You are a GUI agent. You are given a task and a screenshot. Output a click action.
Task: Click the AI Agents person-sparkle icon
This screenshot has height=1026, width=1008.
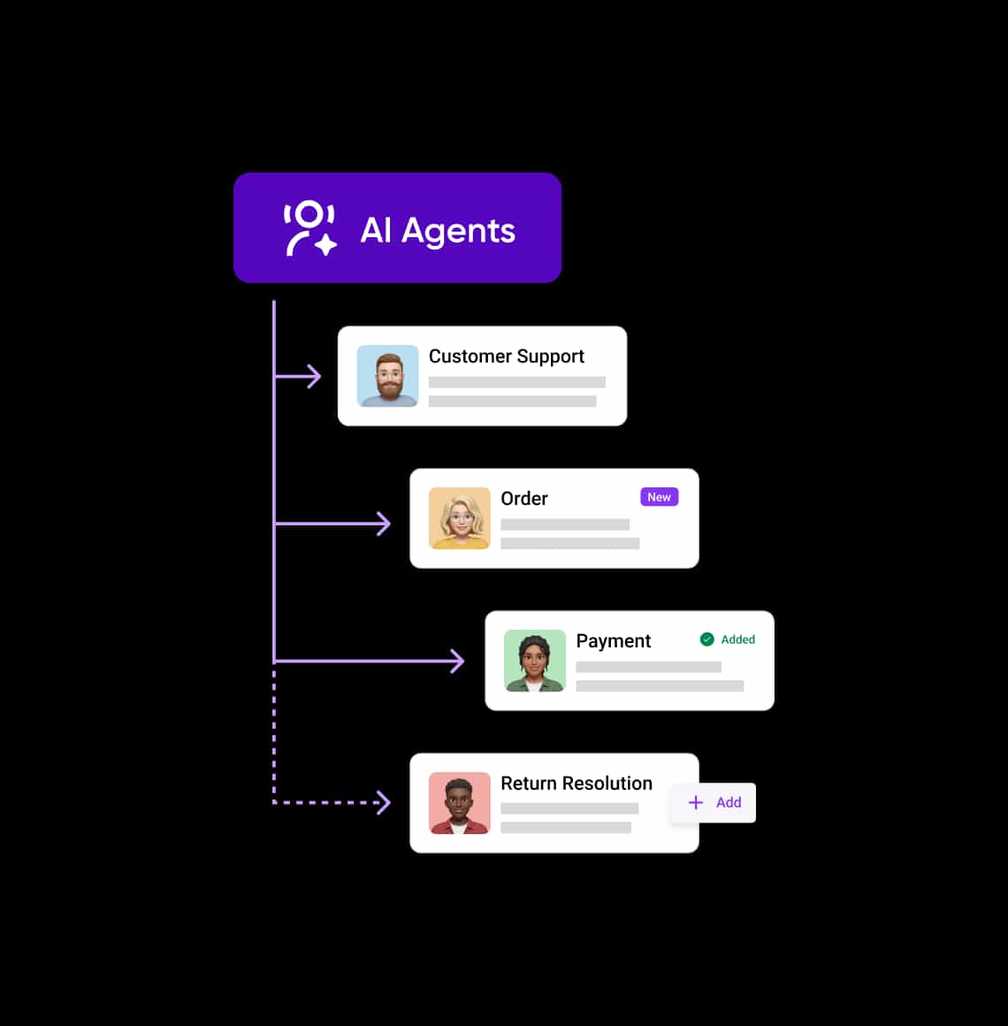tap(310, 228)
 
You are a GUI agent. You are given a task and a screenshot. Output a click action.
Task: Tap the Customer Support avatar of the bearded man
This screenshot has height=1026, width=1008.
tap(387, 376)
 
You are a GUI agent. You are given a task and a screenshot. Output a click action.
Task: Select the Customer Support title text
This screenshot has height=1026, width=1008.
tap(507, 356)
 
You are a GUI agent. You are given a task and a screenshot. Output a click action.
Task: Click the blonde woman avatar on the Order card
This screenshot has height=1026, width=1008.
tap(459, 518)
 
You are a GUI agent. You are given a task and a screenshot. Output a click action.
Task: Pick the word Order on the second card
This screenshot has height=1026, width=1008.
tap(524, 499)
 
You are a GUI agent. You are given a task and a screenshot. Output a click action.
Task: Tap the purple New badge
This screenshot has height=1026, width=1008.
tap(660, 497)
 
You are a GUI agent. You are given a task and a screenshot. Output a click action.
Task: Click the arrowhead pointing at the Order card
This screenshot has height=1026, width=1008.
tap(385, 524)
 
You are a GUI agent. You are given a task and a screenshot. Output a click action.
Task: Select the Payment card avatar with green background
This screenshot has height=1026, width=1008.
tap(534, 661)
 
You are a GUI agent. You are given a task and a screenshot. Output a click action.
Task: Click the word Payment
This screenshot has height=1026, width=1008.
tap(613, 641)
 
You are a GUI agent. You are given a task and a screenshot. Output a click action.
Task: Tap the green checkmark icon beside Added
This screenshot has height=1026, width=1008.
tap(707, 639)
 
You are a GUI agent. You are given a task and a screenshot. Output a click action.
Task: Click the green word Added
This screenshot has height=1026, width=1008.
tap(737, 639)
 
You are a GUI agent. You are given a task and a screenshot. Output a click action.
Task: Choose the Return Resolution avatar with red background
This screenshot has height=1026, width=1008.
tap(459, 803)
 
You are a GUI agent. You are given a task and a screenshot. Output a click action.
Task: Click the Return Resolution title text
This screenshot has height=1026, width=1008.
tap(577, 784)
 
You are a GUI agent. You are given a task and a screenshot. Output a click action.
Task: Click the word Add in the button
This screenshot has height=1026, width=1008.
tap(729, 802)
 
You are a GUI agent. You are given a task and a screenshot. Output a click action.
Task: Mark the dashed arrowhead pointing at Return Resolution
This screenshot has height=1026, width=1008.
tap(385, 803)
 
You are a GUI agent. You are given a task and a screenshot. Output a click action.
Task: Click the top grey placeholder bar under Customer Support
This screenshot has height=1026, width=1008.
tap(516, 382)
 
